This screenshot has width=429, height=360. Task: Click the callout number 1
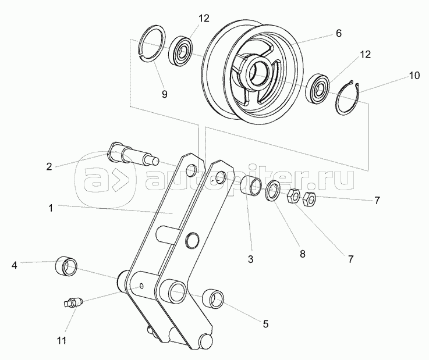(x=51, y=208)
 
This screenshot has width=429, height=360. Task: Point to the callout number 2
(x=49, y=166)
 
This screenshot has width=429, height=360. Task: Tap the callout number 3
(x=250, y=260)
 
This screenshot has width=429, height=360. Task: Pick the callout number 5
(x=265, y=323)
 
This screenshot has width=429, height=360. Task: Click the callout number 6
(x=338, y=34)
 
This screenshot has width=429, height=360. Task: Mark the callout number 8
(x=302, y=254)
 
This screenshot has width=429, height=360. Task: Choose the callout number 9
(x=164, y=94)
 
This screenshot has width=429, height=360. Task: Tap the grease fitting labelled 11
(x=73, y=302)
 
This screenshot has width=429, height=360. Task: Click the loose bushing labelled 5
(x=214, y=300)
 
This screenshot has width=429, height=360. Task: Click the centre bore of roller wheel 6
(x=259, y=70)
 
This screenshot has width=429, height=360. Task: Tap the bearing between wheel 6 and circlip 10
(x=320, y=87)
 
